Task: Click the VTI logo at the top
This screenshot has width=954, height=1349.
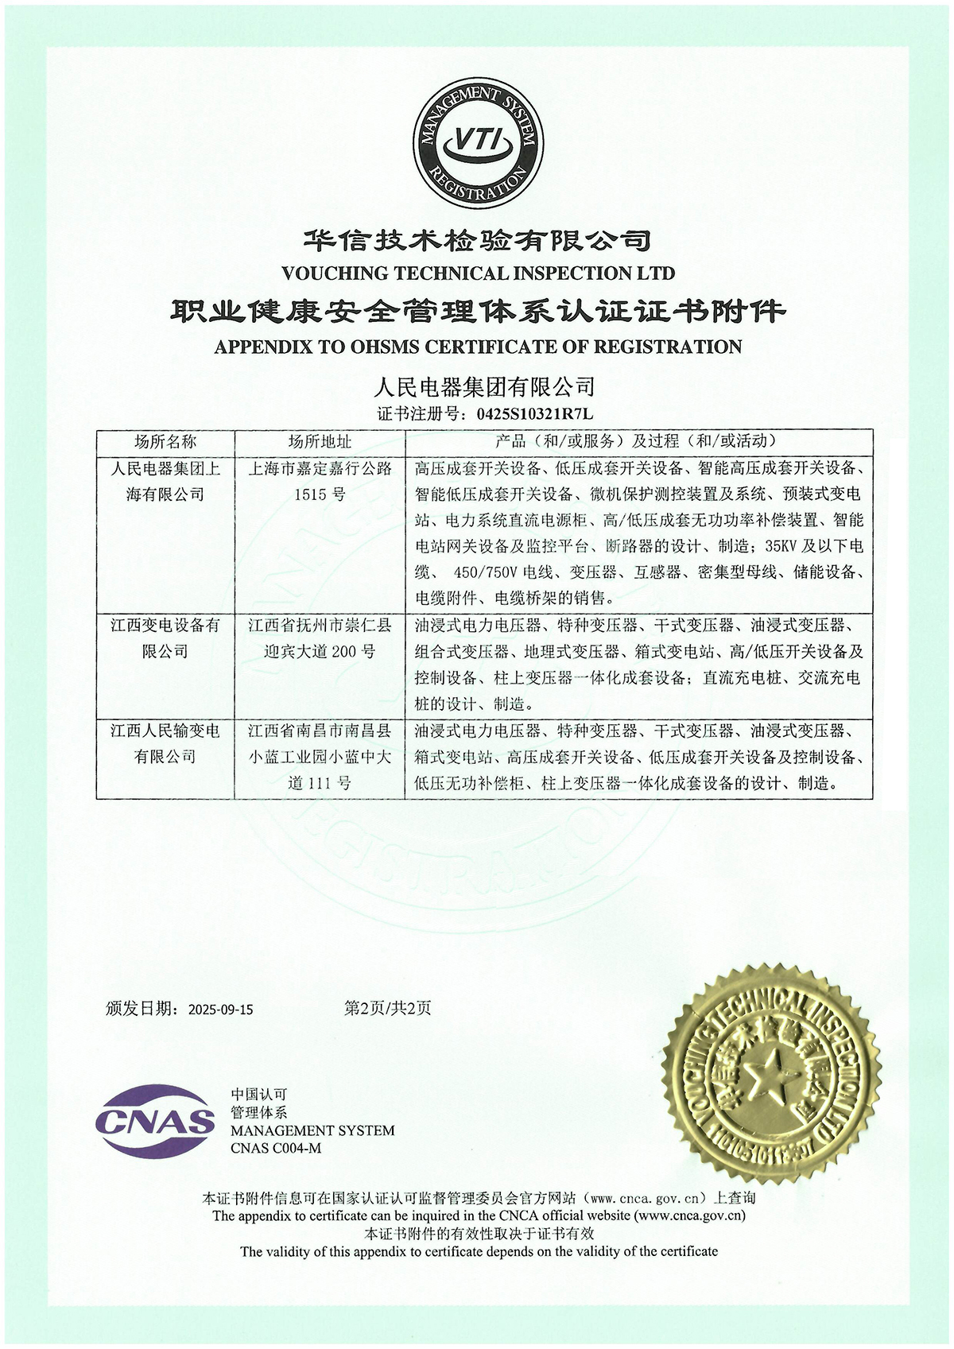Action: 478,145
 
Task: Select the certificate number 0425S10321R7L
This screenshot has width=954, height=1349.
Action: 535,414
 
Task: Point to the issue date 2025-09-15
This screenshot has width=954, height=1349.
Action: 220,1010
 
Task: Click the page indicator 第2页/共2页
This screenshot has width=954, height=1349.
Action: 387,1008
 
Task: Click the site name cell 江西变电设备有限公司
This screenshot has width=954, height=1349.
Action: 165,638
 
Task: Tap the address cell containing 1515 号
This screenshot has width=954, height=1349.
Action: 320,481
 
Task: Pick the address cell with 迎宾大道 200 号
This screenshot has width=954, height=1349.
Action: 320,638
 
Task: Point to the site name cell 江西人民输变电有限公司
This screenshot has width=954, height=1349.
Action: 165,743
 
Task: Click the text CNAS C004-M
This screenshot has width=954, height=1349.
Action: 276,1148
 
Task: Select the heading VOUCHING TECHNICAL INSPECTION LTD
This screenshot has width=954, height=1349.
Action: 478,273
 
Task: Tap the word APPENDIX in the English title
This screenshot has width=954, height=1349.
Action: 254,347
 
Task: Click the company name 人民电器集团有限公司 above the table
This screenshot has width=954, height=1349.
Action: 484,388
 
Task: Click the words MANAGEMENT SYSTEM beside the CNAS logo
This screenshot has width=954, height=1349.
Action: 312,1130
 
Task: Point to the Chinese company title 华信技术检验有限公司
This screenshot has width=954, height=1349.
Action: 478,239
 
